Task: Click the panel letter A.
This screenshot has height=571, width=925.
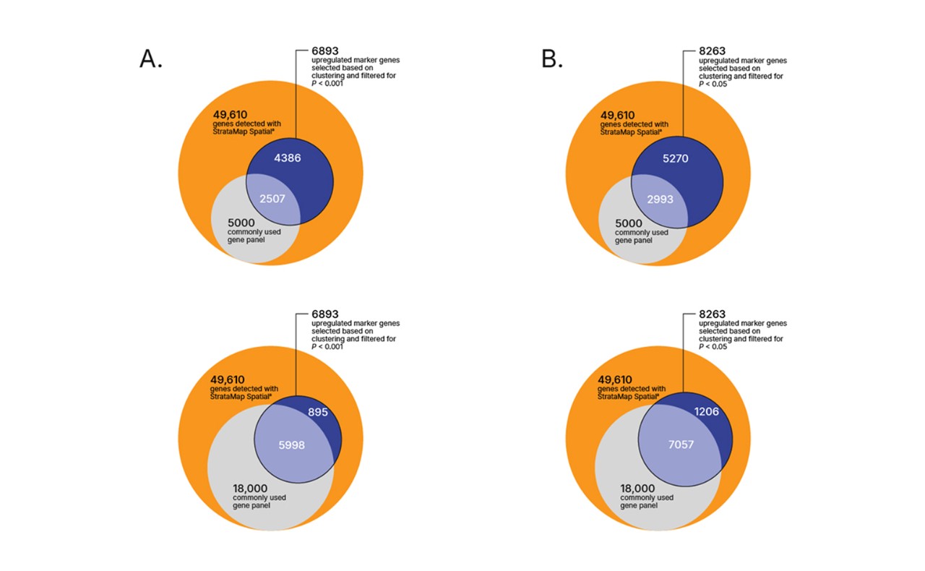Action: (151, 59)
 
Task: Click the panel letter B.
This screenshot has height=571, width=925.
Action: (552, 59)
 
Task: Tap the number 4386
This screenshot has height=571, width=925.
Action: (288, 158)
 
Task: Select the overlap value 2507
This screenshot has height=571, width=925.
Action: (272, 199)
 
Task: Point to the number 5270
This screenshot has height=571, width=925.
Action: (676, 158)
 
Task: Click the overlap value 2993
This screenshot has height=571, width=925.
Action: (661, 199)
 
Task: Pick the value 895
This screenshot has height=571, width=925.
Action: (318, 412)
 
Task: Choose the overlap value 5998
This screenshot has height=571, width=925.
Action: (291, 445)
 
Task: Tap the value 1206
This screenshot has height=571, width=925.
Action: (707, 411)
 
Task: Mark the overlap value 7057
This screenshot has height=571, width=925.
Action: (681, 445)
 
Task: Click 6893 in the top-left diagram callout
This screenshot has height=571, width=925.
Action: (325, 51)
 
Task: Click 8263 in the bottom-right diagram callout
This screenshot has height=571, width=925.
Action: (713, 314)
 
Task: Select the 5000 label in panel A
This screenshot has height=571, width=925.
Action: (241, 223)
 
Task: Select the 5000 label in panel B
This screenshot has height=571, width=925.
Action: (629, 223)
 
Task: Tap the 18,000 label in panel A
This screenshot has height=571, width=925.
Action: (250, 489)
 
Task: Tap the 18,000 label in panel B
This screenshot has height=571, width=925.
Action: (637, 489)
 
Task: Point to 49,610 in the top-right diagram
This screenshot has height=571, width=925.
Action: (617, 115)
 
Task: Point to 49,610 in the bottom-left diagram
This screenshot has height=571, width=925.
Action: (228, 379)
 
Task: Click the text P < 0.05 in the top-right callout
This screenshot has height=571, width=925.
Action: (713, 85)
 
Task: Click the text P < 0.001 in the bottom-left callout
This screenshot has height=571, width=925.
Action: (327, 347)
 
